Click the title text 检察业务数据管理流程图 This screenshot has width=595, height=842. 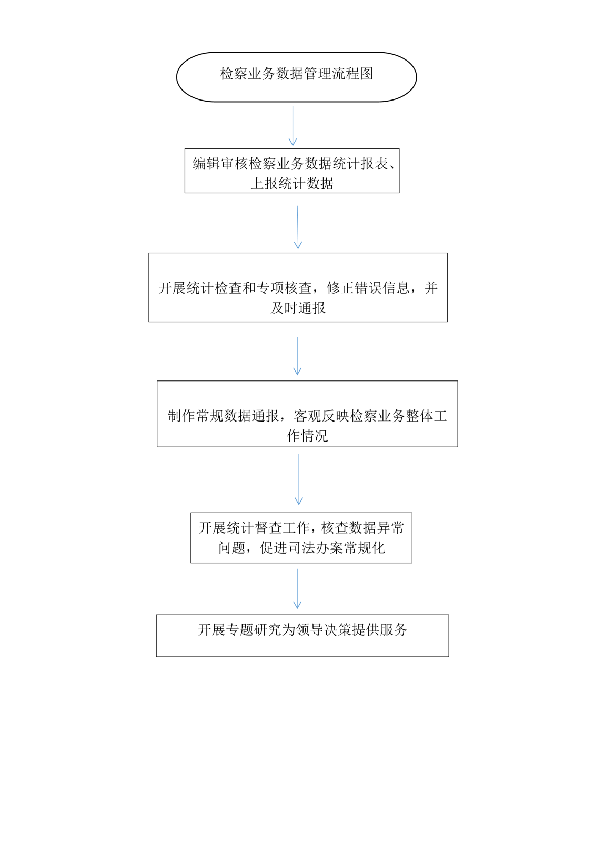[x=296, y=74]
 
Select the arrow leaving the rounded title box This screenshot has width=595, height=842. [x=293, y=126]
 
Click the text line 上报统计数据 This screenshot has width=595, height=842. [x=292, y=184]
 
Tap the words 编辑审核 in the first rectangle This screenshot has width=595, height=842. [x=220, y=164]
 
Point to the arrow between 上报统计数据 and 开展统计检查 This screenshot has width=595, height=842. [x=298, y=227]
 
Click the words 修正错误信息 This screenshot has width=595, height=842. [x=368, y=288]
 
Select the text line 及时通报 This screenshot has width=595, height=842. [x=298, y=308]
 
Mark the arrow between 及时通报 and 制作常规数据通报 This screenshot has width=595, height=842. [x=297, y=356]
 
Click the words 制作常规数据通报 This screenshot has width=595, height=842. [x=223, y=416]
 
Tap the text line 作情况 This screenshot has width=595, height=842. [x=307, y=436]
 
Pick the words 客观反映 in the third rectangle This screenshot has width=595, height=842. [x=321, y=416]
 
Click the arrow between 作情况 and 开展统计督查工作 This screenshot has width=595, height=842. [x=299, y=479]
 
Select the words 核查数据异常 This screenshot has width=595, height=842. [x=362, y=528]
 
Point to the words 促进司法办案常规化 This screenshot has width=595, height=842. [x=322, y=548]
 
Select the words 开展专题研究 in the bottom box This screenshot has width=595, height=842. [x=239, y=629]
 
